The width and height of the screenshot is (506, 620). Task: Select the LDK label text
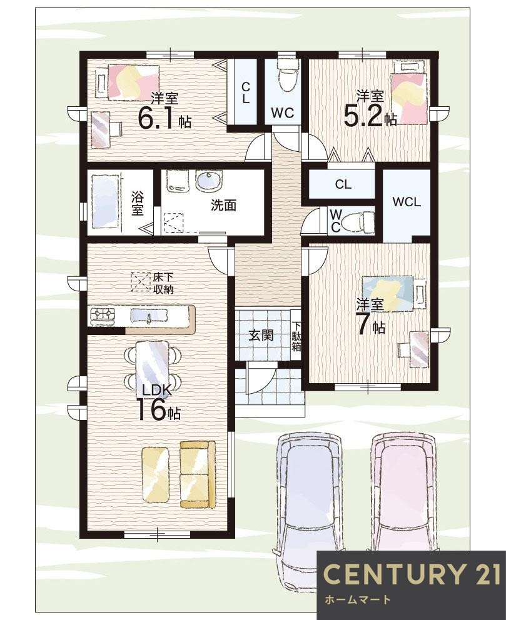pos(157,391)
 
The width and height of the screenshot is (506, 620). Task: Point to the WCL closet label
pos(407,202)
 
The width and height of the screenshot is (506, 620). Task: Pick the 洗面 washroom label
pos(223,205)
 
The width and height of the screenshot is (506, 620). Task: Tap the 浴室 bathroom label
pos(137,203)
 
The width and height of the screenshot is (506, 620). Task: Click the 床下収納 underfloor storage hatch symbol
pos(141,282)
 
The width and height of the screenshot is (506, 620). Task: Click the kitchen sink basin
pos(149,316)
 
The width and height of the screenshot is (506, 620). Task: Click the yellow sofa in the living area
pos(198,474)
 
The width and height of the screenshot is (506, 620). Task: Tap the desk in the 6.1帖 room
pos(101,130)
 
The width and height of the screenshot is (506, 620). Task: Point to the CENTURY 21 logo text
pos(412,574)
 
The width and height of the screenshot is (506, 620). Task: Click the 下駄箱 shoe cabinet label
pos(296,336)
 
